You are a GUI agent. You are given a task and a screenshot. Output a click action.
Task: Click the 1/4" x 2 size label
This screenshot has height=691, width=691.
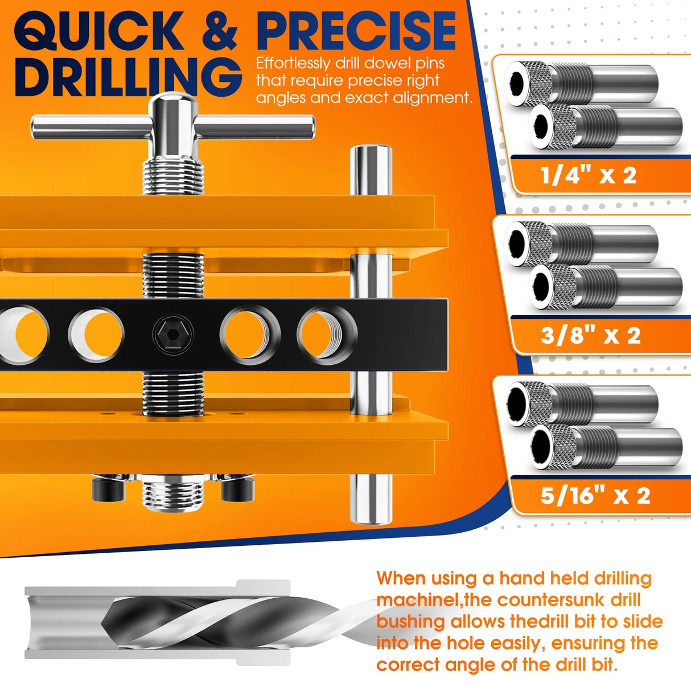(589, 175)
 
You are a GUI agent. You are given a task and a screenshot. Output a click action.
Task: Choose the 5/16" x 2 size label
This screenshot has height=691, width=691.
(595, 496)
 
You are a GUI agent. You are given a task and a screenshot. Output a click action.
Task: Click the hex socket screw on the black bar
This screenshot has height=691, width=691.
(173, 335)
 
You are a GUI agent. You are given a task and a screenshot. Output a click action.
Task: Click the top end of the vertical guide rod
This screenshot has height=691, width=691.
(371, 151)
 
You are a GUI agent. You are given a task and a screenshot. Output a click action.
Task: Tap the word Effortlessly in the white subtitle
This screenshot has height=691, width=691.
(293, 63)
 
